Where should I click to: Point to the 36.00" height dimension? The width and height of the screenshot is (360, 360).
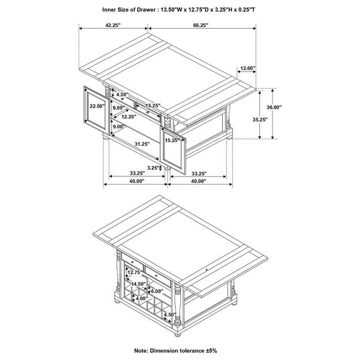coord(291,107)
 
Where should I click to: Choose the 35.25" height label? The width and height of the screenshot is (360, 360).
coord(260,119)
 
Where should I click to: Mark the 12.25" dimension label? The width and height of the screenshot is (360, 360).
coord(128,116)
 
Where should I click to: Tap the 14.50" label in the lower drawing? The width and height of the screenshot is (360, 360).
coord(138,284)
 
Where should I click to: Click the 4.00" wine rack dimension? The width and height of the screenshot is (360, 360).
coord(141,298)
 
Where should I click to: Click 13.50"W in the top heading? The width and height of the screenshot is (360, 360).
coord(174,10)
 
